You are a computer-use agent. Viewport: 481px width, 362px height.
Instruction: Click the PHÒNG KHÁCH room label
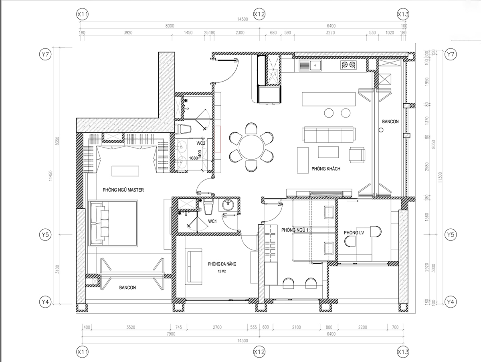tap(326, 169)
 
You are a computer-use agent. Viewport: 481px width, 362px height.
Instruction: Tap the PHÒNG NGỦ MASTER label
tap(123, 190)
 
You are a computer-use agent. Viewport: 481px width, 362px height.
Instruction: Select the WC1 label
tap(212, 221)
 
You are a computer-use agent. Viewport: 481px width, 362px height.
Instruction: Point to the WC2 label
tap(201, 143)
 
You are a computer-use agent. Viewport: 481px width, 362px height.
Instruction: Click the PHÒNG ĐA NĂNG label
tap(222, 264)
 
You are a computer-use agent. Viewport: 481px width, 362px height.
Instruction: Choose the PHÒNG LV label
tap(354, 232)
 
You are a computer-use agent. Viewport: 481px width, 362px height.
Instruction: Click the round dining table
tap(251, 147)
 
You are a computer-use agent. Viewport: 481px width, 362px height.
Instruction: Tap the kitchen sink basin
tap(315, 65)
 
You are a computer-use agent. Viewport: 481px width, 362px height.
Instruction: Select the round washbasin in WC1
tap(228, 205)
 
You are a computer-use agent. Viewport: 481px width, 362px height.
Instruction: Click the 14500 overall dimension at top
tap(243, 19)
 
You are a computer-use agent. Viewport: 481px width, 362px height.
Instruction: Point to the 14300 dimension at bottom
tap(243, 340)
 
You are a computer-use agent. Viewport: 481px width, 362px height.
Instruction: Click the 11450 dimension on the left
tap(51, 176)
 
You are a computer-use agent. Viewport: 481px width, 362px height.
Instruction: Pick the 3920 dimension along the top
tap(128, 33)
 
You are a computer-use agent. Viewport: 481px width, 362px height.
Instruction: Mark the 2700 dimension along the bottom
tap(217, 327)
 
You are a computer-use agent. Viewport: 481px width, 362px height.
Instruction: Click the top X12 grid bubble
tap(259, 14)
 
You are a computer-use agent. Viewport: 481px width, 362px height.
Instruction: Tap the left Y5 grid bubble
tap(45, 235)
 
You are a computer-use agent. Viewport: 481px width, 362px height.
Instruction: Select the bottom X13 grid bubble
tap(403, 352)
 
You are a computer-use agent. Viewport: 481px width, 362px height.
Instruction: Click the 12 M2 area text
tap(222, 271)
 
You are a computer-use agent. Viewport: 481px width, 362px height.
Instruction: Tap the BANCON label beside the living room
tap(390, 122)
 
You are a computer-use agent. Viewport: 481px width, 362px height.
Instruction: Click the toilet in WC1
tap(208, 206)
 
